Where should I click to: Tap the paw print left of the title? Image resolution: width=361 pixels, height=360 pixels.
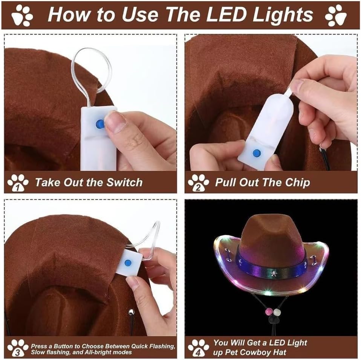tap(22, 15)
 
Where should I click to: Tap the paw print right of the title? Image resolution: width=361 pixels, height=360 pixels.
tap(336, 15)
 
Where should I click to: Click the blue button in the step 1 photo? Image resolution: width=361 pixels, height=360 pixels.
tap(100, 124)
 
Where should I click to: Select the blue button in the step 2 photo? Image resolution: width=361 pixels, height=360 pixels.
tap(257, 153)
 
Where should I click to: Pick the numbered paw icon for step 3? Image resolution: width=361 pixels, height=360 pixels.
tap(18, 348)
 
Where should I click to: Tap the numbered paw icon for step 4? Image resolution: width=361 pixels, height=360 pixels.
tap(198, 348)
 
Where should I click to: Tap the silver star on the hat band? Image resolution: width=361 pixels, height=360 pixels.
tap(274, 273)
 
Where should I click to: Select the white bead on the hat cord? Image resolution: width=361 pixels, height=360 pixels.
tap(277, 312)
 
